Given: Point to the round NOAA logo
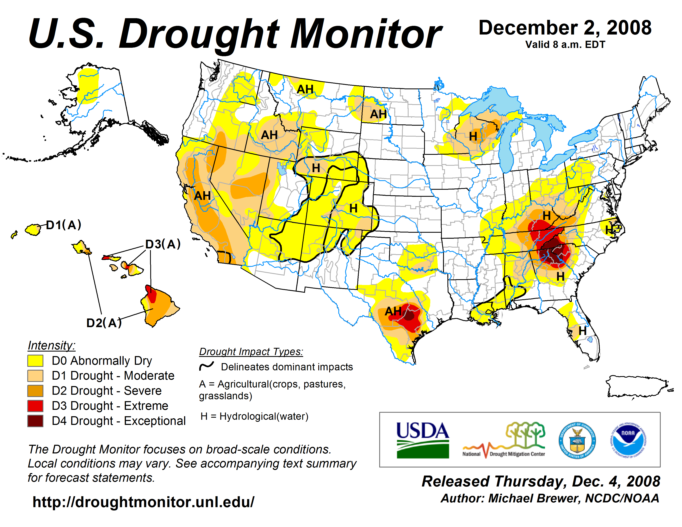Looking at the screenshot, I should point(628,441).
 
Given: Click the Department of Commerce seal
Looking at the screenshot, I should point(577,441).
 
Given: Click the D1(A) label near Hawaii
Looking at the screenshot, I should point(64,225).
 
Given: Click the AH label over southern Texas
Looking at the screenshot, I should point(393,311).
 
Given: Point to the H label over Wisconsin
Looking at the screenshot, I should point(473,136).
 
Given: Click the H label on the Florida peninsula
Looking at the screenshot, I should point(582,331).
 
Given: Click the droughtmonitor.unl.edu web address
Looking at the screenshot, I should point(143,502).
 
